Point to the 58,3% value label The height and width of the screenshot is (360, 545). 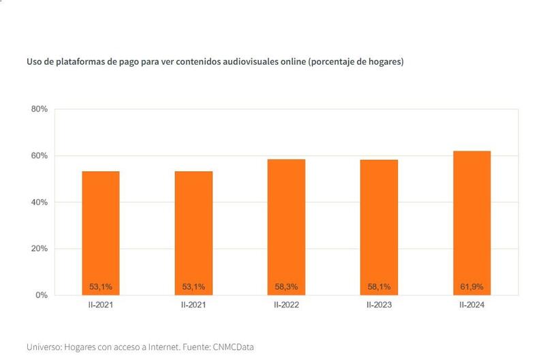tap(286, 286)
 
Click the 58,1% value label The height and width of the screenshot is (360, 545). tap(379, 286)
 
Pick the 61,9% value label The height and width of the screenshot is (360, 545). tap(471, 286)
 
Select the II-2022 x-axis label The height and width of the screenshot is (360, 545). tap(286, 305)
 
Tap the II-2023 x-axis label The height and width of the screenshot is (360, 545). tap(379, 305)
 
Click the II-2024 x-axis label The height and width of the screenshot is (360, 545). tap(471, 305)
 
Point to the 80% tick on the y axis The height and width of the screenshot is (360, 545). tap(38, 109)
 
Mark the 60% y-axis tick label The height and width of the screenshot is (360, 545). tap(38, 155)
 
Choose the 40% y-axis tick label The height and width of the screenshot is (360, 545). tap(38, 202)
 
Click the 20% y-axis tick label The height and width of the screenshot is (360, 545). tap(38, 249)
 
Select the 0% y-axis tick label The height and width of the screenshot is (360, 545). tap(41, 295)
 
